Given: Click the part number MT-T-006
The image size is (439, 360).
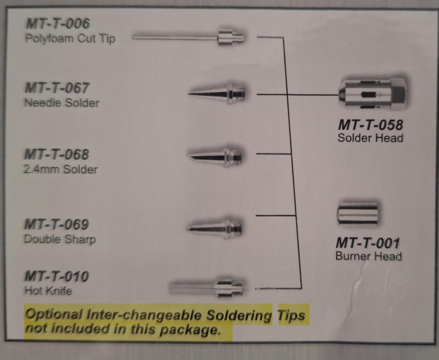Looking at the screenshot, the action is [x=58, y=23].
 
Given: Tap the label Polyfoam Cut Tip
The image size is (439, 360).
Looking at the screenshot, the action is [x=70, y=39].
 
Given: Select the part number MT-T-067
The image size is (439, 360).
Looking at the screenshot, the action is [x=57, y=88].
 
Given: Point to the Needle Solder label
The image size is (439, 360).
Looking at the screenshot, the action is [x=62, y=103].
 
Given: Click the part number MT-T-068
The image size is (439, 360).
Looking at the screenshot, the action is [x=57, y=154].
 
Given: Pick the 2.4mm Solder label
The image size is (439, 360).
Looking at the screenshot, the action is [x=60, y=169].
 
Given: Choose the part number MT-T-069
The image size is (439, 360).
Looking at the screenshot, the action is [x=57, y=224].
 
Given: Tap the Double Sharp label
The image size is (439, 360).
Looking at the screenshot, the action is [x=60, y=239].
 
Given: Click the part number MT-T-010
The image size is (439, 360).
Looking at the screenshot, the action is [x=57, y=276].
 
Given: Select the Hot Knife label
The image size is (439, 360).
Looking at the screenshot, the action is [x=48, y=291].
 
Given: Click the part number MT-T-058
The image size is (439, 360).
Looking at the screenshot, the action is [x=370, y=125].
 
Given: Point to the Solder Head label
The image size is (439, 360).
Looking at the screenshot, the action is [x=370, y=138].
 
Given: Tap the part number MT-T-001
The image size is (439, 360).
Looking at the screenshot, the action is [x=368, y=243].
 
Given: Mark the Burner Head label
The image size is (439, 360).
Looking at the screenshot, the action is [x=369, y=256].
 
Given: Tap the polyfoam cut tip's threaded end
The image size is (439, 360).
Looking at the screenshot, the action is [x=238, y=38].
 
